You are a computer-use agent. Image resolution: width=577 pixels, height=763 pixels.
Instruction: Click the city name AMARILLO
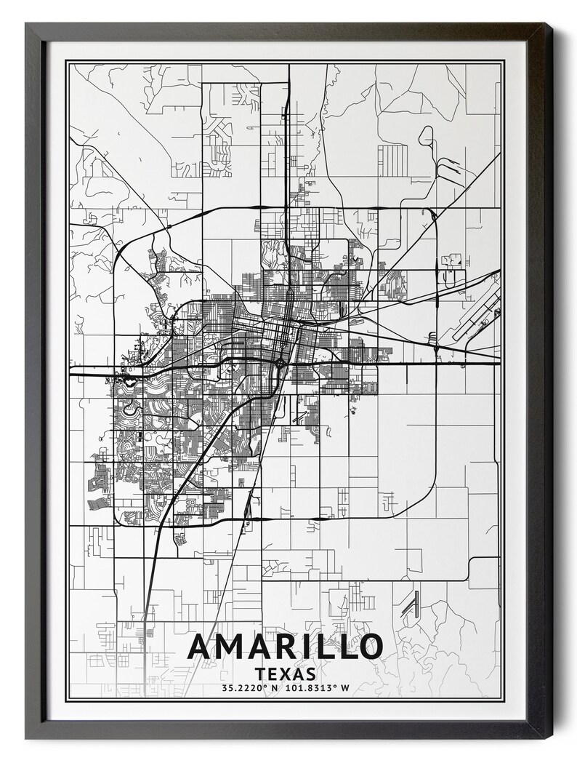pos(286,647)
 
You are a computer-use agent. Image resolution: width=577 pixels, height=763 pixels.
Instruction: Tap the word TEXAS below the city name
pos(286,674)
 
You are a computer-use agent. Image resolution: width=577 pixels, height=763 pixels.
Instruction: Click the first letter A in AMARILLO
pos(202,647)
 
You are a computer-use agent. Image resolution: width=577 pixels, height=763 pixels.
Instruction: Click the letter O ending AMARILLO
pos(368,647)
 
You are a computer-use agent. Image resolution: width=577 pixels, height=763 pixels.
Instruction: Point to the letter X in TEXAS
pos(286,674)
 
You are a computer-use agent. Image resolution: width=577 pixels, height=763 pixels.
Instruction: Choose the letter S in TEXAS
pos(310,674)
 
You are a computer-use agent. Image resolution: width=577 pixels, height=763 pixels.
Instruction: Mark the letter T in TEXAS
pos(261,674)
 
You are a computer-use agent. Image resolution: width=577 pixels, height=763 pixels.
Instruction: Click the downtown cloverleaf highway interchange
pos(280,361)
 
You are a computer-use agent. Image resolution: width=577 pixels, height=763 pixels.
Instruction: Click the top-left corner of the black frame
pos(27,24)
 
